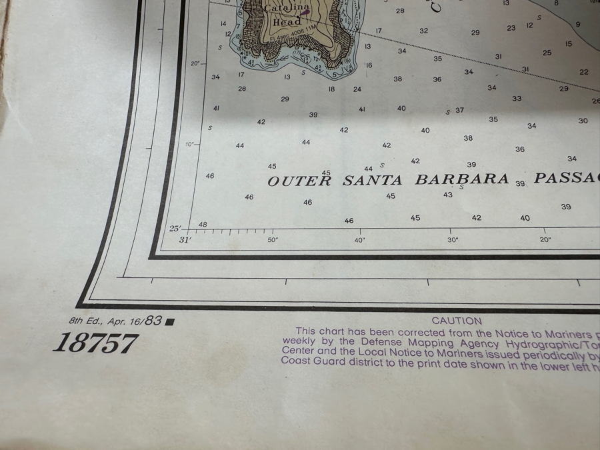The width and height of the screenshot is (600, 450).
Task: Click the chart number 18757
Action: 95,343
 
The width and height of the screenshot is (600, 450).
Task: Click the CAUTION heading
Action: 457,321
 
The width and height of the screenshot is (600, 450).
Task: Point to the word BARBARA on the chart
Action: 463,180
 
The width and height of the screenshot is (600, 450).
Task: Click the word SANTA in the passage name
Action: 373,181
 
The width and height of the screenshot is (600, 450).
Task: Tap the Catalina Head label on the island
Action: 287,15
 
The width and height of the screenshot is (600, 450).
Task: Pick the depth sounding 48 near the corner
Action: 203,225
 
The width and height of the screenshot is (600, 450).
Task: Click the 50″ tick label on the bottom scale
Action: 273,240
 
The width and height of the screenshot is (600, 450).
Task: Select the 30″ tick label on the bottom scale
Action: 453,240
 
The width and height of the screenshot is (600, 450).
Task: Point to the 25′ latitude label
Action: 175,229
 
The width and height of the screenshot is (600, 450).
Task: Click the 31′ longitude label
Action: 185,240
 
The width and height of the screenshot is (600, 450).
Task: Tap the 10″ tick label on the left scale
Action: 190,144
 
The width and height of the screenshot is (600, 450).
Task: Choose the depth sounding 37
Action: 459,110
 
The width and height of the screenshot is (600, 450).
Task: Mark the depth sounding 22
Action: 584,72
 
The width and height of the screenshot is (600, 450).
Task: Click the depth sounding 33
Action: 517,99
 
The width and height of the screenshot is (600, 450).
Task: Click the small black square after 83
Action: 169,322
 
